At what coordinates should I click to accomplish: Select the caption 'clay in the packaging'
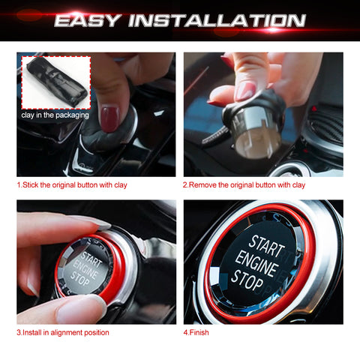click(54, 115)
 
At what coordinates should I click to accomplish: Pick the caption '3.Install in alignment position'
click(63, 331)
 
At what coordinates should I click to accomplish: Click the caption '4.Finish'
click(196, 331)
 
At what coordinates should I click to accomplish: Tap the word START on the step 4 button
click(266, 245)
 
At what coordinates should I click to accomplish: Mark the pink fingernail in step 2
click(244, 91)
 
